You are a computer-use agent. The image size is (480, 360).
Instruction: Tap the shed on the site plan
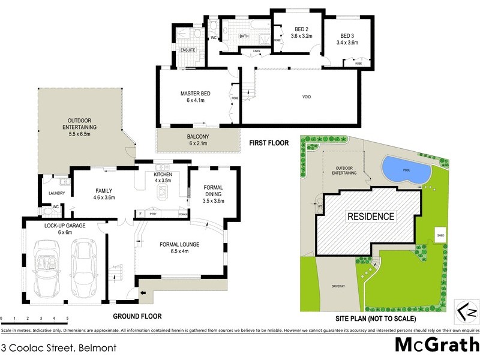point(440,236)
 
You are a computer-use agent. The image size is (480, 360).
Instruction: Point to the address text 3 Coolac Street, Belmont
point(59,347)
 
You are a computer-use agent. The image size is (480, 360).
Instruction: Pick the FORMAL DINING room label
point(213,194)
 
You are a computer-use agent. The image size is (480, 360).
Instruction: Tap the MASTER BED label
point(196,97)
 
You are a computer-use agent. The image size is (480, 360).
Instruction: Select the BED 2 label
point(301,32)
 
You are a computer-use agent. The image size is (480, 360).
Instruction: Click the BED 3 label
point(347,39)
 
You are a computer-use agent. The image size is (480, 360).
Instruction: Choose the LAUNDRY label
point(57,193)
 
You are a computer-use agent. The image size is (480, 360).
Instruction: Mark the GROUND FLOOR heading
point(137,316)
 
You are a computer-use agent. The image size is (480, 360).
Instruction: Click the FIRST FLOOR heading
point(269,143)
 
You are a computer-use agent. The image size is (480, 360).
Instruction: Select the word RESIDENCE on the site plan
point(370,217)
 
